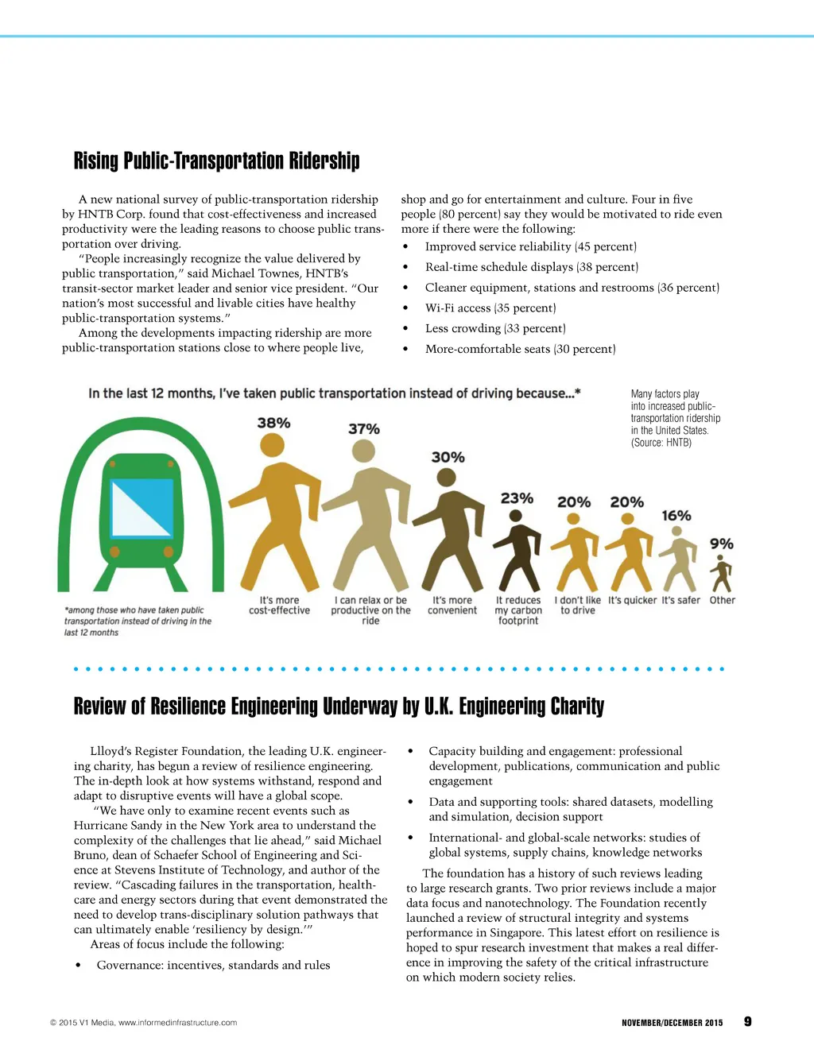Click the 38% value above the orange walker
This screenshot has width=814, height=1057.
273,423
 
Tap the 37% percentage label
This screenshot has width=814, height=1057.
364,428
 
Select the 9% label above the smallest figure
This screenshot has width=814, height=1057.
722,544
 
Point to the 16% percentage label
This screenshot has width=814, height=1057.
676,516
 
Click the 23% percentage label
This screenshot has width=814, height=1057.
517,498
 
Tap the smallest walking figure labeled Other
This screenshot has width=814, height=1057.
722,572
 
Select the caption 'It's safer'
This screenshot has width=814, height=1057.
681,601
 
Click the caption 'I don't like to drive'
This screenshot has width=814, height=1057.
578,606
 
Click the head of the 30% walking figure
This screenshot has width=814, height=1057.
447,478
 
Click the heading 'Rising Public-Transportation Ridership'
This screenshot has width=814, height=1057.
216,161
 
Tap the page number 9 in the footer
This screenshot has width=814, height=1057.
747,1021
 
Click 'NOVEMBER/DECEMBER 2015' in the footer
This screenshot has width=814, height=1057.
673,1023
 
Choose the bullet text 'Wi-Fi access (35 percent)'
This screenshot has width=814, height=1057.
490,308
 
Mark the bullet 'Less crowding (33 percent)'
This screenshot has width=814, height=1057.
495,328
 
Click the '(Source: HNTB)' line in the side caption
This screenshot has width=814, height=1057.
661,443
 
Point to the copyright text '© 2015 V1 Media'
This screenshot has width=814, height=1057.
83,1023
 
